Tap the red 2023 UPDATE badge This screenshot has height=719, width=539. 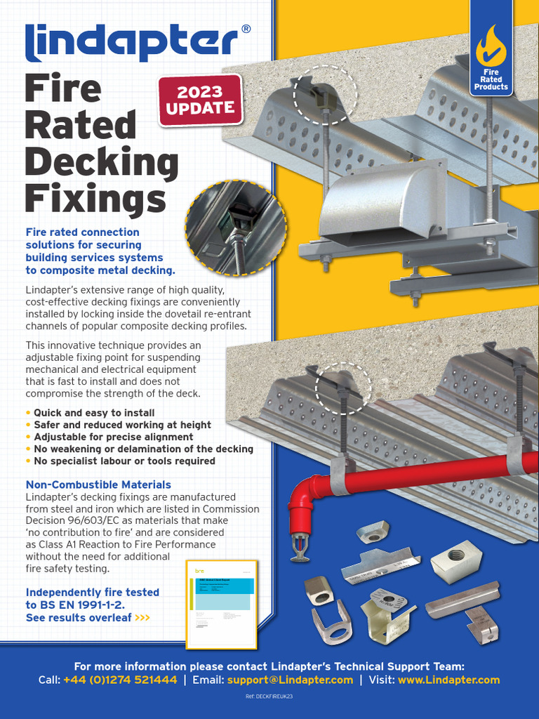200,100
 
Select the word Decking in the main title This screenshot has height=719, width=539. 102,163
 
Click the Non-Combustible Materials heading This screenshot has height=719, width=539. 98,485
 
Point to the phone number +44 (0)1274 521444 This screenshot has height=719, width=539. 120,680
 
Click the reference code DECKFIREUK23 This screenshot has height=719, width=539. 269,696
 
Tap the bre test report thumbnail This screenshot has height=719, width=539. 221,603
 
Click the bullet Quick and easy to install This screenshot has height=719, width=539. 94,413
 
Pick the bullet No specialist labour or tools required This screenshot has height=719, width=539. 124,461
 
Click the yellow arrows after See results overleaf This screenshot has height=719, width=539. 142,618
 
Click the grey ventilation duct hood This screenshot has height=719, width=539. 382,204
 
